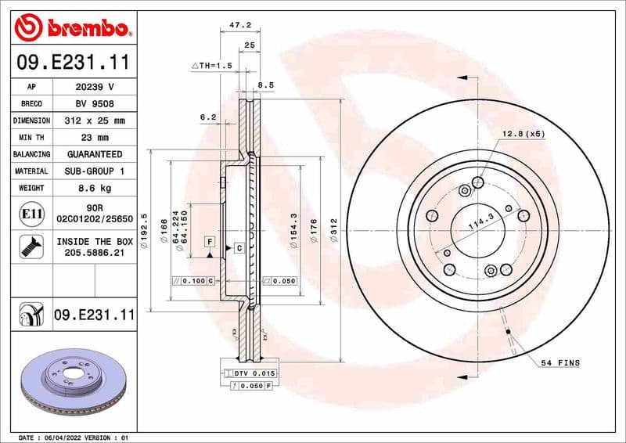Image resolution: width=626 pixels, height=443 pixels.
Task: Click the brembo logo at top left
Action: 72,28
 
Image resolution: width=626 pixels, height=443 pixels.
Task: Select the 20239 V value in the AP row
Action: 94,87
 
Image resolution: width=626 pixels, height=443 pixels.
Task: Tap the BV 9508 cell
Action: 94,104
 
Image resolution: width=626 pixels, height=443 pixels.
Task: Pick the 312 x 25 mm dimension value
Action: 94,121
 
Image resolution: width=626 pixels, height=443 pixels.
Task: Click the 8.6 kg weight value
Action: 94,188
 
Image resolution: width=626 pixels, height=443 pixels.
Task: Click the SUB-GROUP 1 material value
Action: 94,171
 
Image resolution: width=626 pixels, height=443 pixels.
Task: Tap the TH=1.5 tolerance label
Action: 213,67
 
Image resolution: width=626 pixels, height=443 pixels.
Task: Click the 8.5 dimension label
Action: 265,85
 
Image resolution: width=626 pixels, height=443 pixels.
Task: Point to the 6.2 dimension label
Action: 207,117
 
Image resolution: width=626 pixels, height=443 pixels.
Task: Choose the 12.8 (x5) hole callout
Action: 523,134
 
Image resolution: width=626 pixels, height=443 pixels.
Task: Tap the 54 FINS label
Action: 559,363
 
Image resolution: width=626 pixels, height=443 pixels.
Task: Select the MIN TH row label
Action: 32,138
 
